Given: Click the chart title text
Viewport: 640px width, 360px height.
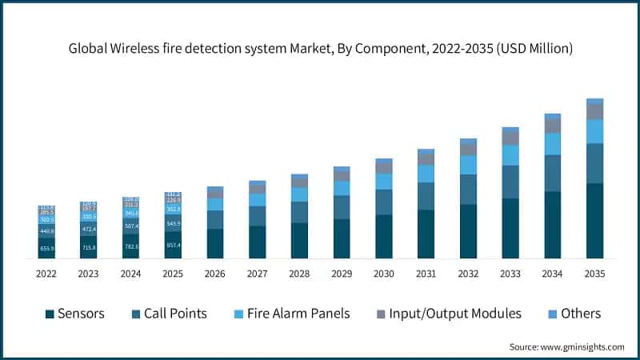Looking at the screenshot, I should [x=320, y=49].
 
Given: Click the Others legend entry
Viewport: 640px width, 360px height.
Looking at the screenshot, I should [x=580, y=313].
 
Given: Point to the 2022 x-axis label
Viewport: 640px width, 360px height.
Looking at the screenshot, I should [x=46, y=274].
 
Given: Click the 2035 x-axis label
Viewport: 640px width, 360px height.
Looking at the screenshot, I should [x=594, y=274].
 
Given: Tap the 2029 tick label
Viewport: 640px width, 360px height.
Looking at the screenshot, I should [x=342, y=274].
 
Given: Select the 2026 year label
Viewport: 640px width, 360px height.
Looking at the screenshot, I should [x=215, y=274].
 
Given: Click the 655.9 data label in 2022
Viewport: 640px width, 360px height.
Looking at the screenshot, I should [x=46, y=249].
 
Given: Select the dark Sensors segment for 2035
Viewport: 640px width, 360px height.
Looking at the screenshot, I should [x=594, y=221].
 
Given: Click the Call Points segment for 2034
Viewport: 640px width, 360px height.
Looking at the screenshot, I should [x=552, y=173].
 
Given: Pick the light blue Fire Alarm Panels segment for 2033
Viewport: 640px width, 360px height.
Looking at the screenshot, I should [x=510, y=155].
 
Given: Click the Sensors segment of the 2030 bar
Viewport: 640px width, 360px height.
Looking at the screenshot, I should [x=384, y=236].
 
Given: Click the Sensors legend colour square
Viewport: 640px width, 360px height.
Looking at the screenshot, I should [x=50, y=314].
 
